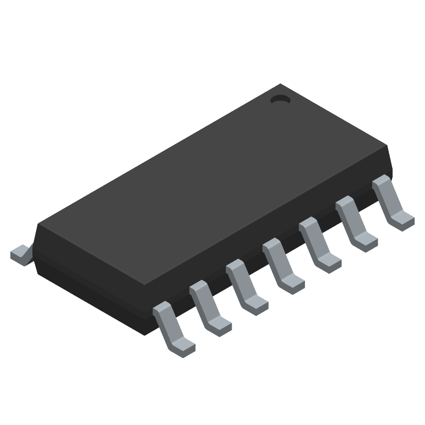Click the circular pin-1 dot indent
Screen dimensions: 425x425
pyautogui.click(x=279, y=99)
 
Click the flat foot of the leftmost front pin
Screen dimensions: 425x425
pyautogui.click(x=182, y=346)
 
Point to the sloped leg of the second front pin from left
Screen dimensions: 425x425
pyautogui.click(x=202, y=300)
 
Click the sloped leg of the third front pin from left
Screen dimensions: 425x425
pyautogui.click(x=239, y=279)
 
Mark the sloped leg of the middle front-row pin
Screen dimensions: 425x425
pyautogui.click(x=275, y=259)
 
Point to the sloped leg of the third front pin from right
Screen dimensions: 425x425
pyautogui.click(x=312, y=237)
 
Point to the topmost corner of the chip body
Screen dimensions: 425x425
pyautogui.click(x=280, y=85)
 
